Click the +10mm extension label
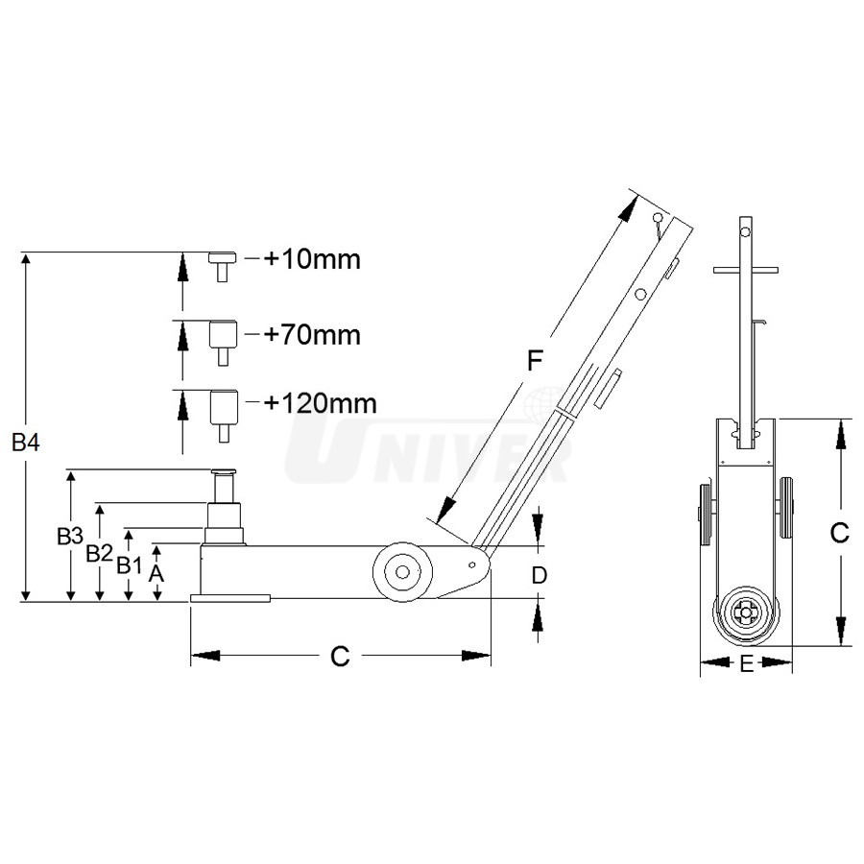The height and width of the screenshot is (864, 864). pos(312,259)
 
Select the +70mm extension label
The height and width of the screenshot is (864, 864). pos(312,335)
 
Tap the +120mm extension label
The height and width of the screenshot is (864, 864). pos(320,403)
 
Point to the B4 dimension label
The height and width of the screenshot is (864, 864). pos(26,443)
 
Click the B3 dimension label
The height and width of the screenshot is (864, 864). pos(70,536)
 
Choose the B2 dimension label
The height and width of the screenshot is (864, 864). pos(99,553)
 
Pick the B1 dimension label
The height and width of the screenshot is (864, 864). pos(129,565)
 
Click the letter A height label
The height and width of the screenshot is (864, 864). pos(156,574)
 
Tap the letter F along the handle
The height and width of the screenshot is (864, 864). pos(535,361)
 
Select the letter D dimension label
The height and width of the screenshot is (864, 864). pos(539,575)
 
